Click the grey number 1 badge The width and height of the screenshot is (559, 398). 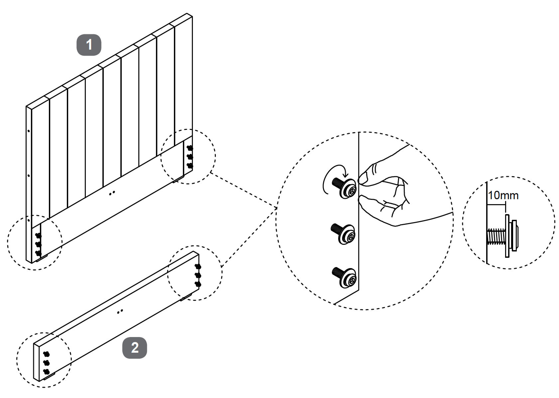89,45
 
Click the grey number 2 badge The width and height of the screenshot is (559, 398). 135,348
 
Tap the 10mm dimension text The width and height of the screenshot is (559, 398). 503,195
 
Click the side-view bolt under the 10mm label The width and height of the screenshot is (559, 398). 502,236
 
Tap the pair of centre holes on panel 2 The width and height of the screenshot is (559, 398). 121,311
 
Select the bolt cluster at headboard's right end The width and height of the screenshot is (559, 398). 190,156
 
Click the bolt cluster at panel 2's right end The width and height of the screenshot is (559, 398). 198,275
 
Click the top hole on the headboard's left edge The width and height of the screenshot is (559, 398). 29,131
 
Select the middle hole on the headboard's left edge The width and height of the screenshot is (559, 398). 29,176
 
